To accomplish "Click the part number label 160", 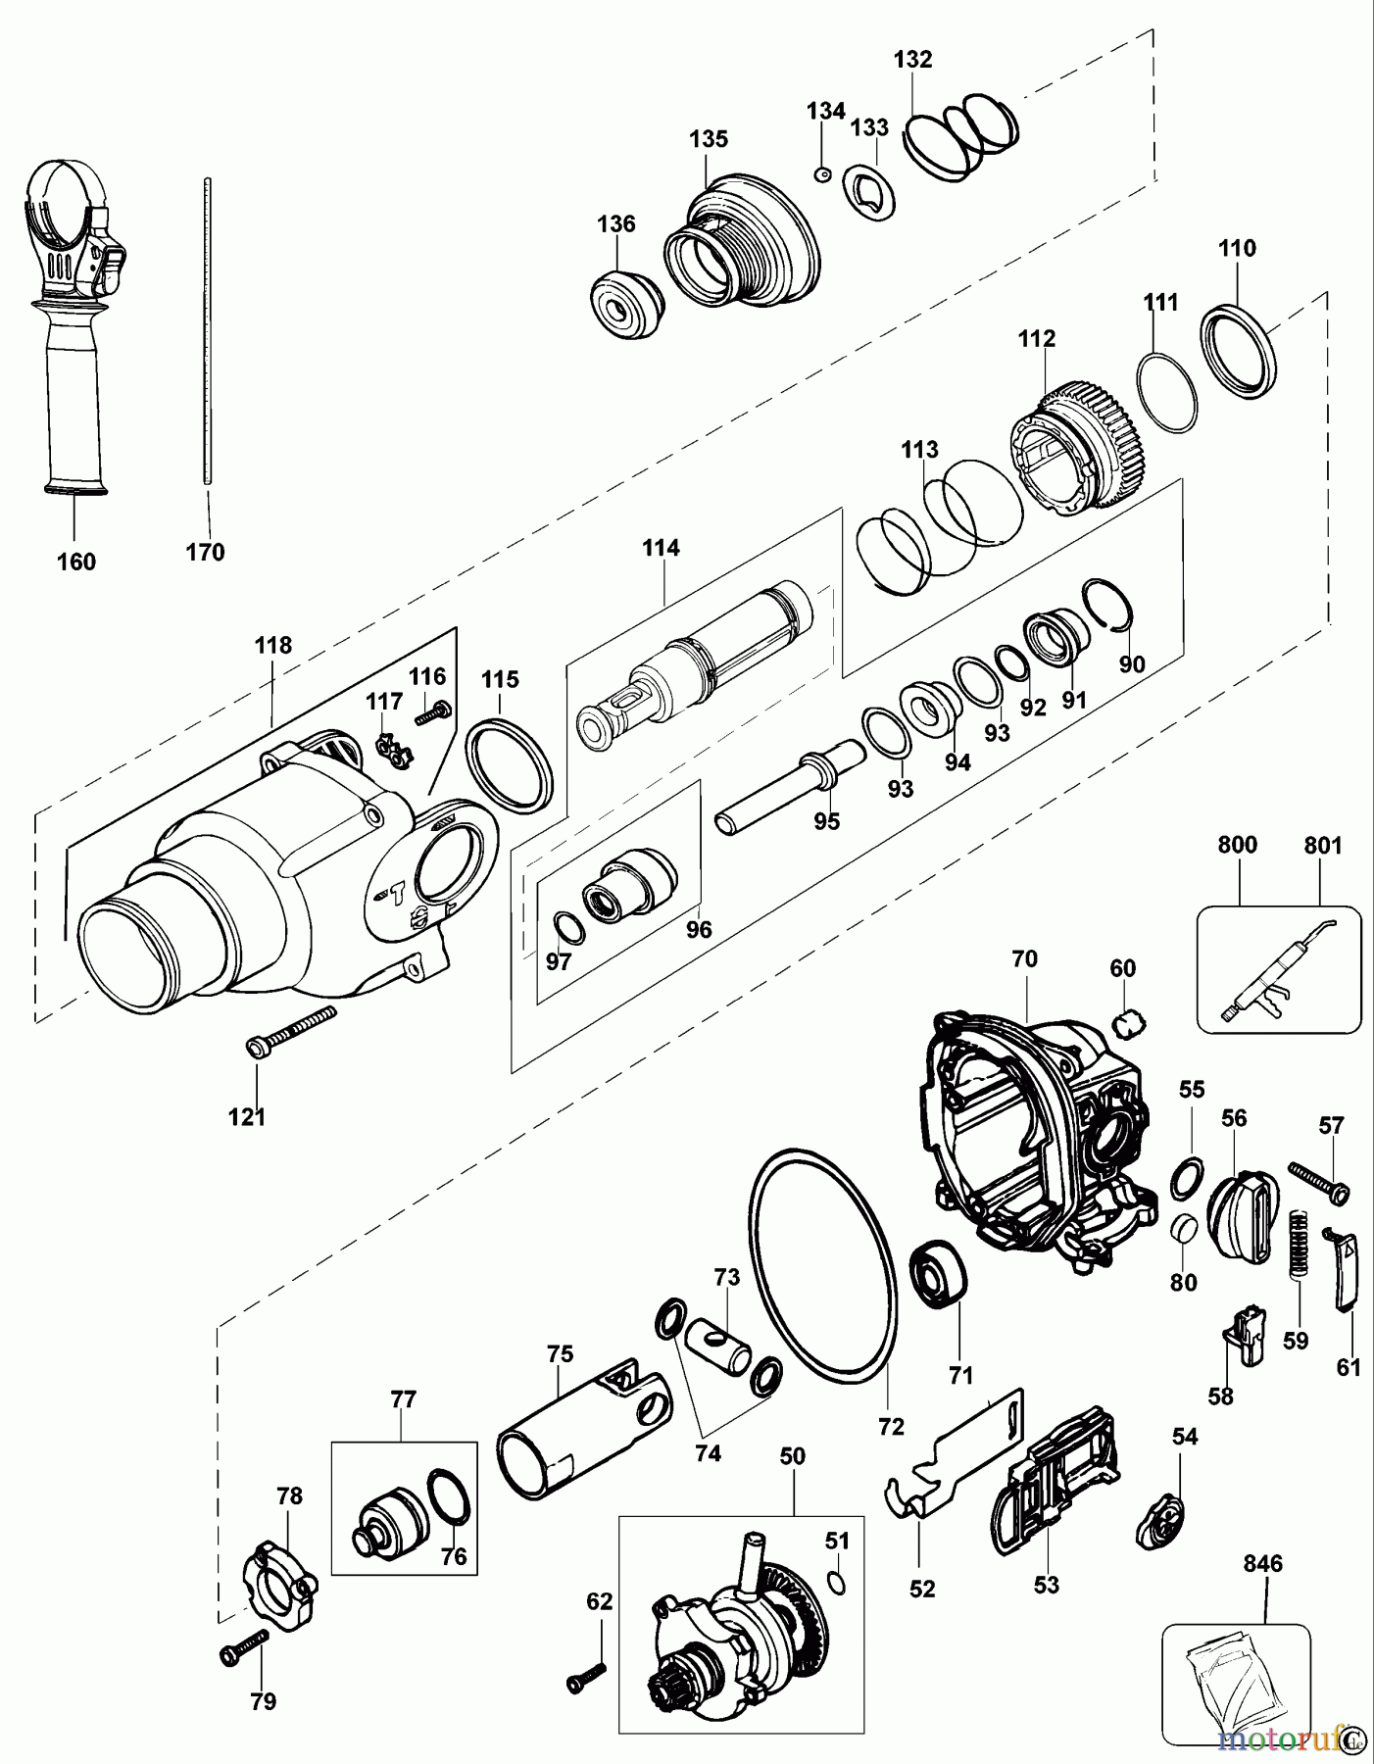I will [76, 562].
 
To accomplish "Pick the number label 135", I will [708, 139].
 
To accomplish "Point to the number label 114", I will [661, 548].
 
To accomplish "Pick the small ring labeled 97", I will [567, 926].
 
